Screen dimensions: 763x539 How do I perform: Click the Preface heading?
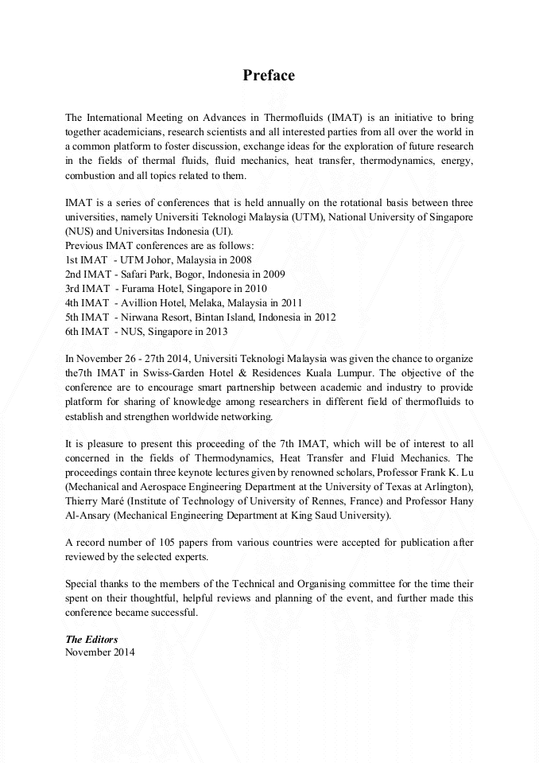(269, 76)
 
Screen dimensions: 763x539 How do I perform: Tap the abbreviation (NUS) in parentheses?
(79, 231)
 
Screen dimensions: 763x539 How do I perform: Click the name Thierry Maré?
(93, 501)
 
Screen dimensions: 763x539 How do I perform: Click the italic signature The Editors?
(91, 640)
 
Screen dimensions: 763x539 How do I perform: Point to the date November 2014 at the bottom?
(100, 653)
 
